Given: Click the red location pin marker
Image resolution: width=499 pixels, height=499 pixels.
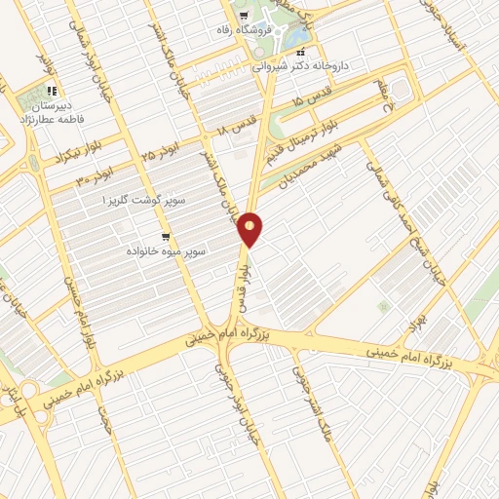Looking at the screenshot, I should (x=250, y=228).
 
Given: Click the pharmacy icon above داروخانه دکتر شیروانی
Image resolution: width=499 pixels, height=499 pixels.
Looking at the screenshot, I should (x=301, y=52).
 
